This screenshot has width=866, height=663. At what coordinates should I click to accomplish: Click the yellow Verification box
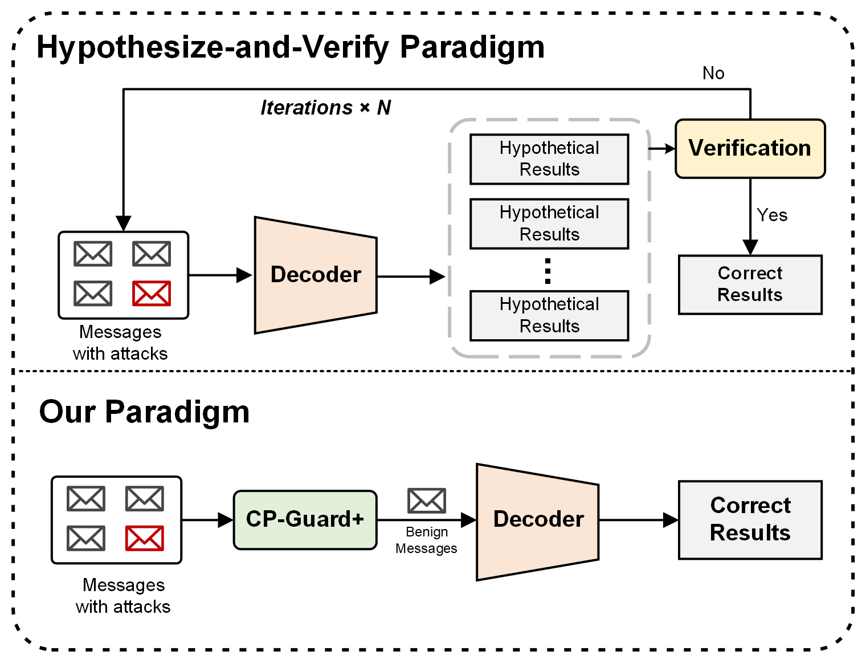pos(750,148)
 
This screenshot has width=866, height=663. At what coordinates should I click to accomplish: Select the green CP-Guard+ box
pos(305,519)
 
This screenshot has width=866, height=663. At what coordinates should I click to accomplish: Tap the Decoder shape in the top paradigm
pos(315,275)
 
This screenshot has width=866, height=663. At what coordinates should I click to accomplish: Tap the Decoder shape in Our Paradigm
pos(537,521)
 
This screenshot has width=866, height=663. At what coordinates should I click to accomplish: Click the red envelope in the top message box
pos(151,294)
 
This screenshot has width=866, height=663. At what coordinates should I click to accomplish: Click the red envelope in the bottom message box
pos(144,538)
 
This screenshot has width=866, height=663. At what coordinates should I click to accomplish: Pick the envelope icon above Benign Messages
pos(426,501)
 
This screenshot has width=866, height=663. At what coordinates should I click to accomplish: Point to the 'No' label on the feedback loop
pos(713,74)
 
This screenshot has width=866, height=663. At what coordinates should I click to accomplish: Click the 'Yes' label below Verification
pos(772,215)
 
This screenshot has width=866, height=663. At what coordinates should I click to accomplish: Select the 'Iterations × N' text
pos(325,108)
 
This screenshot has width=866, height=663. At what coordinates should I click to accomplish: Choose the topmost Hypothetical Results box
pos(549,159)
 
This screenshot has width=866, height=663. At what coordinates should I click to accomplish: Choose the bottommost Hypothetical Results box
pos(549,315)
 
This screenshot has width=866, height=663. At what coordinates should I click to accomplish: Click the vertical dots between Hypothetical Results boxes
pos(548,271)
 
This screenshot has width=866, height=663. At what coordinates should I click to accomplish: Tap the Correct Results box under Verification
pos(750,284)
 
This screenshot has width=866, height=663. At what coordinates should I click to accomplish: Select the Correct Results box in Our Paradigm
pos(750,519)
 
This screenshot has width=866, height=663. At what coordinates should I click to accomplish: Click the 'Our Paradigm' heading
pos(144,412)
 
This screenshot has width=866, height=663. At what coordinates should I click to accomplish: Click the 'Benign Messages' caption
pos(426,540)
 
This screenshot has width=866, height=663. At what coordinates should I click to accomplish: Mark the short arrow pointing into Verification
pos(661,149)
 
